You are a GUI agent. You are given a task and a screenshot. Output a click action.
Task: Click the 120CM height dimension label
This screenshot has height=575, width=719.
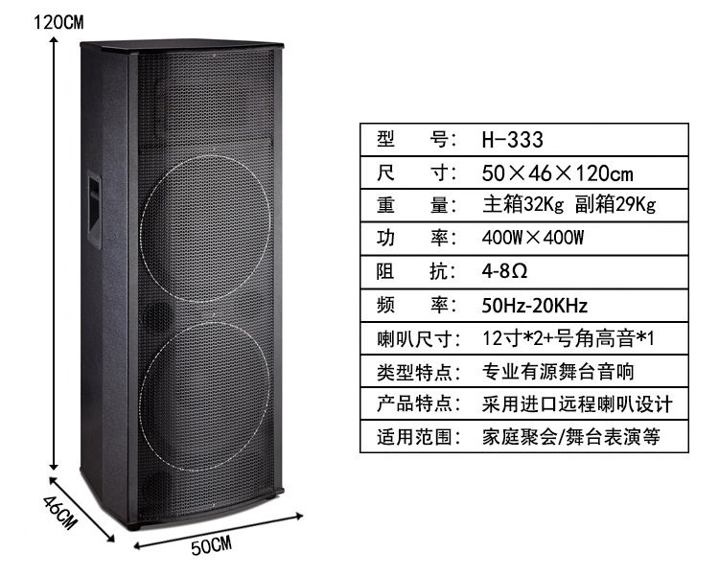[x=58, y=21]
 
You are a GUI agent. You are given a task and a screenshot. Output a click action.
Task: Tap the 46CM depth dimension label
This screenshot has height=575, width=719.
[x=59, y=512]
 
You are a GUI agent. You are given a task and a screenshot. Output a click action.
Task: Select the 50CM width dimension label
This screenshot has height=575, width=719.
[x=212, y=545]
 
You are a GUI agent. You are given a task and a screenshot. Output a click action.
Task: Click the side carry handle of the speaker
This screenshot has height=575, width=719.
[x=95, y=209]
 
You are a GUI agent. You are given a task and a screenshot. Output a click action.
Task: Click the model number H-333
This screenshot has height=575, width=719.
[x=512, y=140]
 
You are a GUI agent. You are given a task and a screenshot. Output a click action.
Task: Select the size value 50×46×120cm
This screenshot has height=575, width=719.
[x=557, y=173]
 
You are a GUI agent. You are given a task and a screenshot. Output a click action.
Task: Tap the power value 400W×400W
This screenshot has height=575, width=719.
[x=533, y=238]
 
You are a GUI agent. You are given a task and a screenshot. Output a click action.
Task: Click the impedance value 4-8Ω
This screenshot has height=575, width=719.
[x=504, y=271]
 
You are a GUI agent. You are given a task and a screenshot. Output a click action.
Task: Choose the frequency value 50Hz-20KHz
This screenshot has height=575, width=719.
[x=534, y=305]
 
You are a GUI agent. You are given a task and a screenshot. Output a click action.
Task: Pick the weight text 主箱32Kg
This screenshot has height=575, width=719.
[x=522, y=204]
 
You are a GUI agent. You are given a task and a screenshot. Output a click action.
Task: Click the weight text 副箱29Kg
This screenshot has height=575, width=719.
[x=615, y=204]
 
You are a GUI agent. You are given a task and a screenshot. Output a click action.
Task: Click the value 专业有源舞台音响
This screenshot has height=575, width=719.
[x=558, y=372]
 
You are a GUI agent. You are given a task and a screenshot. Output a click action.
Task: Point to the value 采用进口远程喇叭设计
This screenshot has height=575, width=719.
[x=577, y=404]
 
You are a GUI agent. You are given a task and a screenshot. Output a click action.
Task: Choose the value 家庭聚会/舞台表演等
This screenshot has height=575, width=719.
[x=571, y=437]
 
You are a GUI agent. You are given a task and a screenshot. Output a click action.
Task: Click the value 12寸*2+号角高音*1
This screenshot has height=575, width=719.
[x=568, y=339]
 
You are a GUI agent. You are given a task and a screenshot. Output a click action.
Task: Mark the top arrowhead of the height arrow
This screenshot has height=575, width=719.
[x=54, y=39]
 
